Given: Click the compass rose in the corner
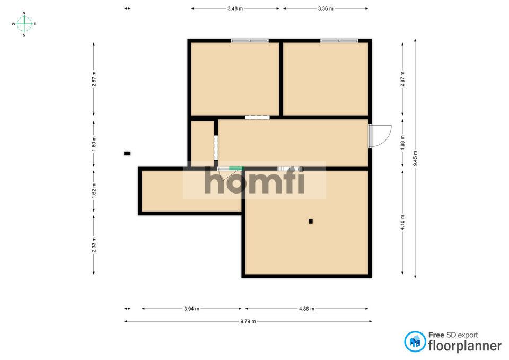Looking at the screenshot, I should point(24,24).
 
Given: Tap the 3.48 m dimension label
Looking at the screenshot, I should point(235,8).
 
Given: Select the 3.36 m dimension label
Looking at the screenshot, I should point(326,8).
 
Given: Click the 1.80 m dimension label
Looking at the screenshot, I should point(94,145).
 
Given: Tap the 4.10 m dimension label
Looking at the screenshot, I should point(403,221).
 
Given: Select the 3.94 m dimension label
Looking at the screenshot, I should point(191,309).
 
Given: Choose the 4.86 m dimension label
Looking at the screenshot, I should point(306,309).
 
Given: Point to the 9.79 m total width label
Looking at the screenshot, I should point(248,321).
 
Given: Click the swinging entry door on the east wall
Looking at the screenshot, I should point(380,136).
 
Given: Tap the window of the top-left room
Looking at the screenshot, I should point(249,40).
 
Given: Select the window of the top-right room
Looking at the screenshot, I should point(339,40).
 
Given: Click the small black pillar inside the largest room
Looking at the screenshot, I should point(311,221).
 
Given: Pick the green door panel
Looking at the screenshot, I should point(235,169).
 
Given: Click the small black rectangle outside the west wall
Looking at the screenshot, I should point(127,154).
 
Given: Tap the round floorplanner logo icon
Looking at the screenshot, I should point(415,341).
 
